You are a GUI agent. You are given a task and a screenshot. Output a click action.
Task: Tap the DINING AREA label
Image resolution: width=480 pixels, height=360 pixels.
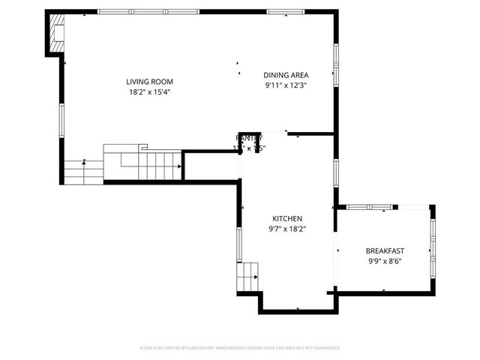tap(286, 75)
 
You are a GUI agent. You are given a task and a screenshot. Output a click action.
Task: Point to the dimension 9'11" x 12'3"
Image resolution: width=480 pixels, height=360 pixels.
tap(286, 85)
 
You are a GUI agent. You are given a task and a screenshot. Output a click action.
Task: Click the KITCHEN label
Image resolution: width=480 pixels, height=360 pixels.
tap(287, 218)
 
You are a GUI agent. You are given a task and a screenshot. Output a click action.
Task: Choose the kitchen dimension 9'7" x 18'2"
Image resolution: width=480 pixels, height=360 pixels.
tap(287, 229)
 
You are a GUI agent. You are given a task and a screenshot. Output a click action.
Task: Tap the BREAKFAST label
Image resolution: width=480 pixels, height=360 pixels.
tap(385, 250)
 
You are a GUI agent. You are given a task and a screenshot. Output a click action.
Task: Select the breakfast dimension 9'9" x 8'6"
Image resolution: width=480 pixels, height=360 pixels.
tap(385, 261)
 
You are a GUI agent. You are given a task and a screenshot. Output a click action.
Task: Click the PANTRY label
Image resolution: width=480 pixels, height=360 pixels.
tap(249, 138)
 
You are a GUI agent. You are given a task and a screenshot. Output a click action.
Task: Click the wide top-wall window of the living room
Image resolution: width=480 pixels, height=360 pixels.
tap(142, 11)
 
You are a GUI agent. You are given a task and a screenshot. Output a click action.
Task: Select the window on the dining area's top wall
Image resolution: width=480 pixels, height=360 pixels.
tap(280, 11)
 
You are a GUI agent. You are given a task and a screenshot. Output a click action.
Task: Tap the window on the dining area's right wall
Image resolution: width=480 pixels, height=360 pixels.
tap(336, 64)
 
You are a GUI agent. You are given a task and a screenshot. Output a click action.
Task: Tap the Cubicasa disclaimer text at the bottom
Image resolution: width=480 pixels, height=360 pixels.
tap(240, 348)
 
